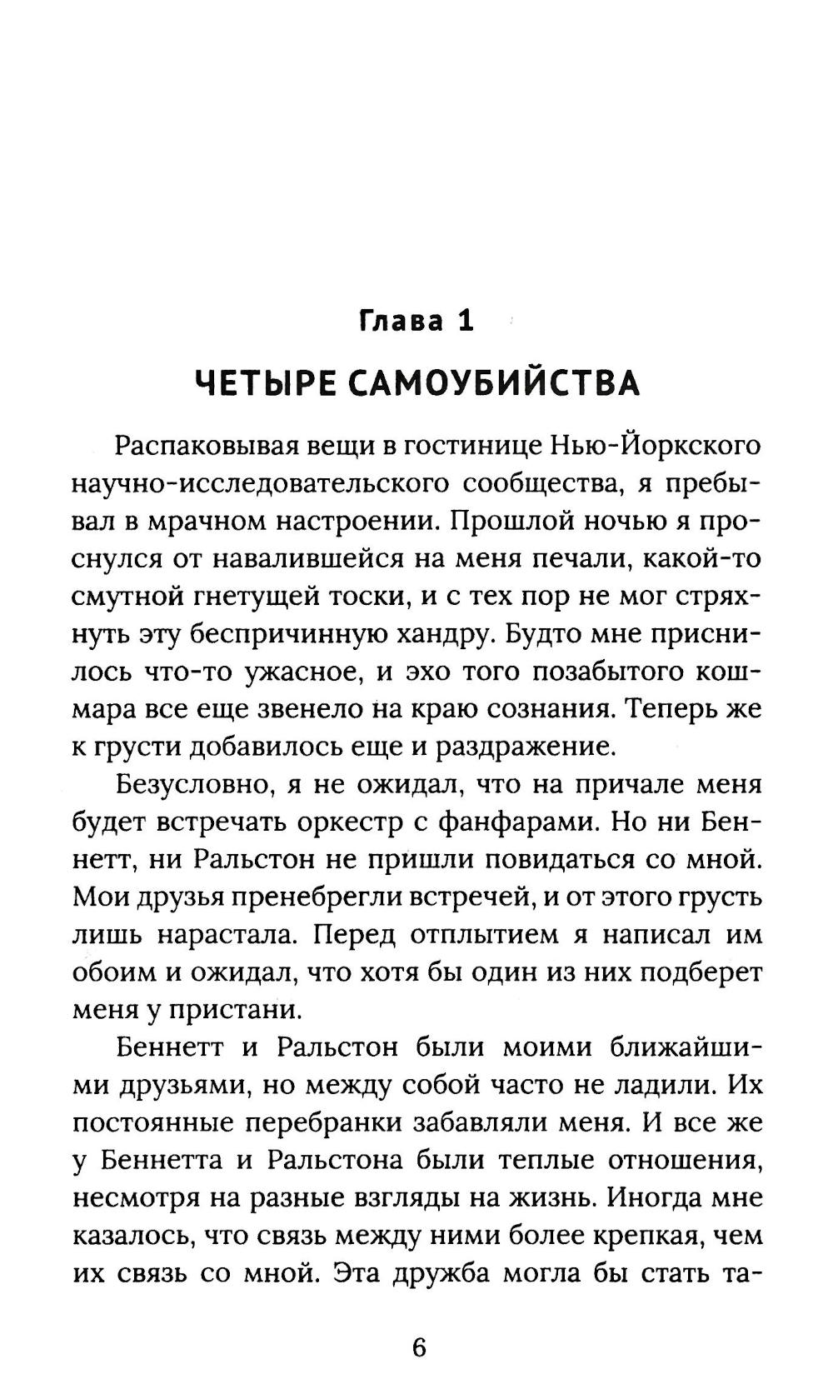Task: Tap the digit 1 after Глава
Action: tap(465, 321)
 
